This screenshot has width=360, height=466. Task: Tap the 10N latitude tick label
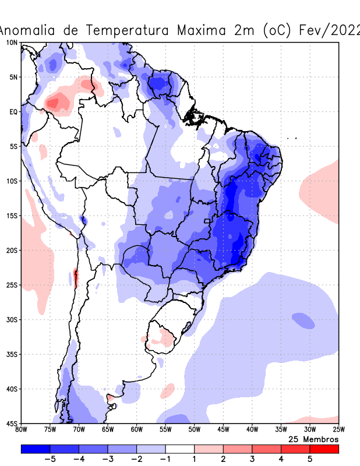(12, 43)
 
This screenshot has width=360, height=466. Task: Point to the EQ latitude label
(13, 112)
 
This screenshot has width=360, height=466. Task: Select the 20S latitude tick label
(12, 250)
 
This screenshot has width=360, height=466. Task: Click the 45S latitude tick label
(12, 423)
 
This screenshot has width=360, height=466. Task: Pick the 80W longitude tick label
(21, 430)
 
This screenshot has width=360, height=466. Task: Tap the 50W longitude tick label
(194, 430)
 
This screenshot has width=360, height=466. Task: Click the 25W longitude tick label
(338, 430)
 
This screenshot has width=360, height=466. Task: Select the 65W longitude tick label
(108, 430)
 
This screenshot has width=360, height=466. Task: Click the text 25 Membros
(313, 439)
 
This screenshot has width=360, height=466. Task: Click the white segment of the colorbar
(180, 449)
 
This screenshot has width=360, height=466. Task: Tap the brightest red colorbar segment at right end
(324, 449)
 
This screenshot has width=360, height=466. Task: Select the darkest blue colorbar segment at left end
(35, 449)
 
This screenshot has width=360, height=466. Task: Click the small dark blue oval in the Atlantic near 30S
(303, 320)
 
